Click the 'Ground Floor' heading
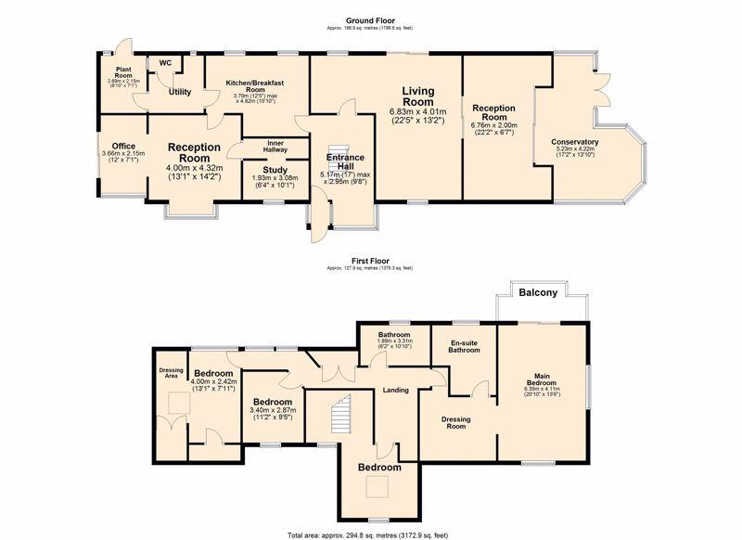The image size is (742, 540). tap(371, 20)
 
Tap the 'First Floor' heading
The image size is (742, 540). tap(370, 261)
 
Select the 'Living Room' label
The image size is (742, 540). tap(417, 97)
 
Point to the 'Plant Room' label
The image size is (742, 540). tap(123, 72)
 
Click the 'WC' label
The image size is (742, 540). tap(165, 63)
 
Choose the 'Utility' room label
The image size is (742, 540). tap(179, 92)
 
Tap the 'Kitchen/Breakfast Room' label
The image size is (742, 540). tap(255, 87)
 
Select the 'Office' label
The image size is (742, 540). tap(123, 147)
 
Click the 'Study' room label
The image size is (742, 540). tap(275, 169)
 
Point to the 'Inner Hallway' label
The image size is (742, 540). tap(275, 146)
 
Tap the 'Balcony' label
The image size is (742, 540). tap(538, 292)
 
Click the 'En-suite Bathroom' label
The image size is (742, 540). tap(464, 346)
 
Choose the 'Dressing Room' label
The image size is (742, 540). tap(456, 423)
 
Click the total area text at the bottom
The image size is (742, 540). tap(370, 535)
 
